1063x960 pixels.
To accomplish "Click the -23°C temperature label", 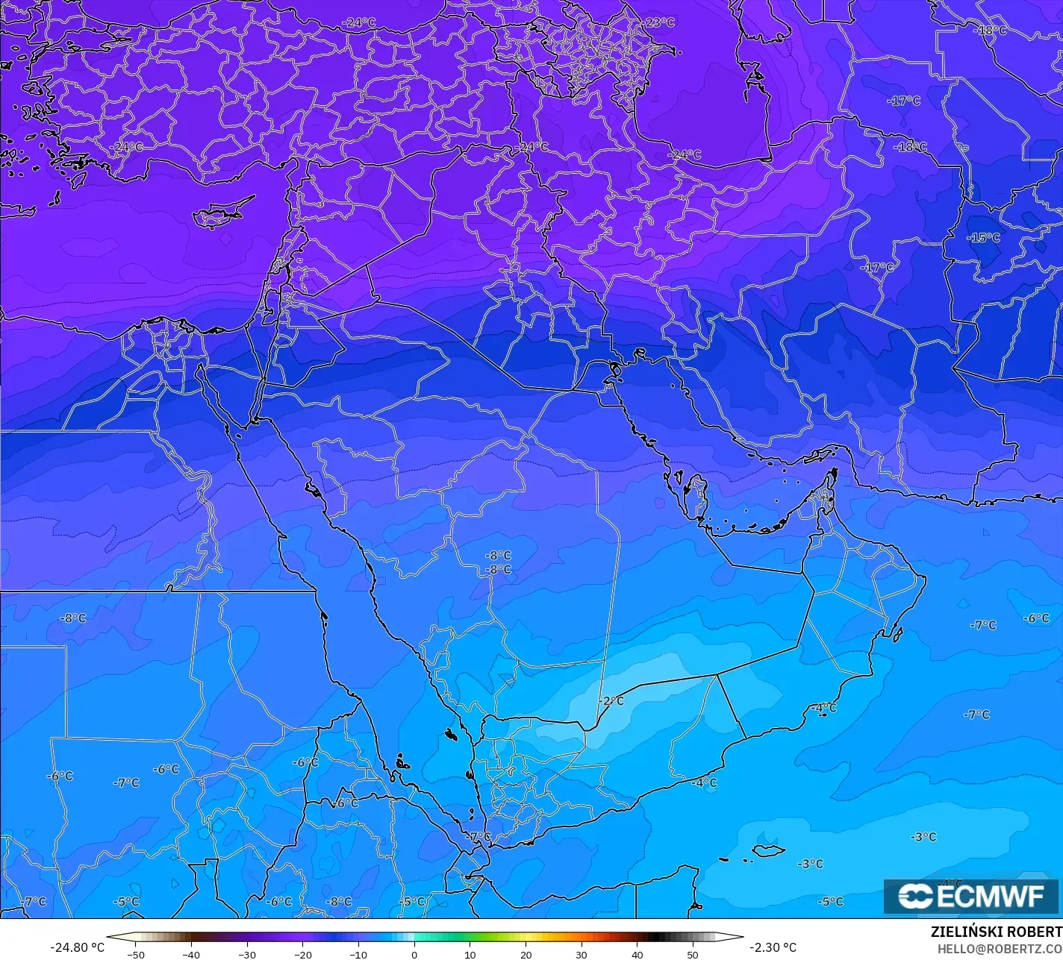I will click(659, 22).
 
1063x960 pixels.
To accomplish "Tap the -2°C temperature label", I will click(611, 700).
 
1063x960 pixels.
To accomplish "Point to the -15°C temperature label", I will click(983, 237).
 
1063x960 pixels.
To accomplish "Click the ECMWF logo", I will click(971, 896).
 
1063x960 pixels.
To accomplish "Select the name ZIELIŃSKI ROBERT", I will click(996, 932).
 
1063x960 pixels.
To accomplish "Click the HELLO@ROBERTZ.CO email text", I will click(1000, 948).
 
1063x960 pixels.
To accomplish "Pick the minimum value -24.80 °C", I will click(77, 947).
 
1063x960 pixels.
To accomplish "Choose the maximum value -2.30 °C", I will click(773, 947).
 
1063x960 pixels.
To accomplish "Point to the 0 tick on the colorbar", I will click(414, 954).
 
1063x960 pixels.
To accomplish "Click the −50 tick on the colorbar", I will click(135, 954).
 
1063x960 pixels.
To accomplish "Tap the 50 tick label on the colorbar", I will click(693, 954).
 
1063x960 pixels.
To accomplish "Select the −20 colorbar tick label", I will click(302, 954).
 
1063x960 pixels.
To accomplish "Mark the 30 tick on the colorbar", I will click(582, 954).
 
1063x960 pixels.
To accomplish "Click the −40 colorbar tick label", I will click(191, 954).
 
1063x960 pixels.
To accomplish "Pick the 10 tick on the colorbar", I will click(470, 954).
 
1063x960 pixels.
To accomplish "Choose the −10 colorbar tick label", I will click(358, 954).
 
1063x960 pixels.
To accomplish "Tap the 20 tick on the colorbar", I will click(526, 954).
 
